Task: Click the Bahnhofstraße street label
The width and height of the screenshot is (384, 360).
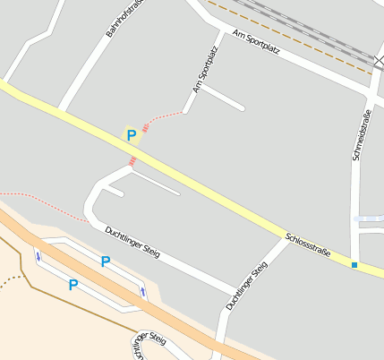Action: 123,18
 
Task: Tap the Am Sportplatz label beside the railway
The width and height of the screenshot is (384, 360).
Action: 256,42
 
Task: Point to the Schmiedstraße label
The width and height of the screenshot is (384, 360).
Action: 361,134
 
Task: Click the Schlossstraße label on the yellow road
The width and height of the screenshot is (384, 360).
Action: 308,245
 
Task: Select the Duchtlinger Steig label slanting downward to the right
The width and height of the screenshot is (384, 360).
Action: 132,243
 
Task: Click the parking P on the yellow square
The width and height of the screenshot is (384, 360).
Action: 132,136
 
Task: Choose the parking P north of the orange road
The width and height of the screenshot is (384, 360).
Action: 105,261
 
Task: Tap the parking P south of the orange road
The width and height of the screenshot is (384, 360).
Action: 73,285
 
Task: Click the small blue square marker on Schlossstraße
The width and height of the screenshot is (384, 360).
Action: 354,265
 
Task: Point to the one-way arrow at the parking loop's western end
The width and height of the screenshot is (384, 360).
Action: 38,257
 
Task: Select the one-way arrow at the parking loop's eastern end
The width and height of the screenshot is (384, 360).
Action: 142,293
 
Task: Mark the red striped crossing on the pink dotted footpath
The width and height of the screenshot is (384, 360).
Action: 146,128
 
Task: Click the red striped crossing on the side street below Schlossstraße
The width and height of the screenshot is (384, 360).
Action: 133,161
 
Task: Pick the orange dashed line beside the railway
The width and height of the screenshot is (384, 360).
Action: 295,37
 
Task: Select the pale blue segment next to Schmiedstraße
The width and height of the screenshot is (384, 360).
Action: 368,219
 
